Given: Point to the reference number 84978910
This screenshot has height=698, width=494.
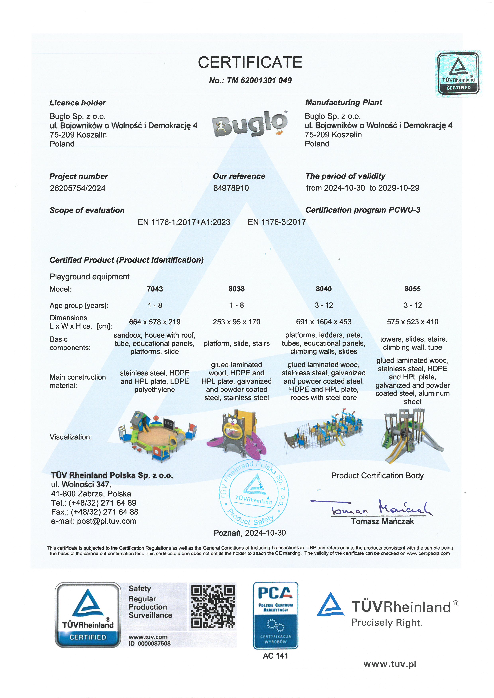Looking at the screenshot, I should pos(231,188).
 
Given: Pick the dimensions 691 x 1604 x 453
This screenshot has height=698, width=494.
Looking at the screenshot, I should pos(324,322).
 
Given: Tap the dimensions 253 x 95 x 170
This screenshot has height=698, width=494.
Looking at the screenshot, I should pos(236,322).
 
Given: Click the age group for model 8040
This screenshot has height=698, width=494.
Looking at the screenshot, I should pos(324,305).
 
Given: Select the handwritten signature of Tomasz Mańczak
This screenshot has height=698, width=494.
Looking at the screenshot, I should pos(380,508).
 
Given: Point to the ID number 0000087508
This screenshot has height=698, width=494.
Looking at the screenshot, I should pos(150,644).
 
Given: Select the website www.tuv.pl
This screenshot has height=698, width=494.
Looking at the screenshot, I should pos(389,664).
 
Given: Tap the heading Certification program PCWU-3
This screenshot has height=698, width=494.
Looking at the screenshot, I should pos(363,210).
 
